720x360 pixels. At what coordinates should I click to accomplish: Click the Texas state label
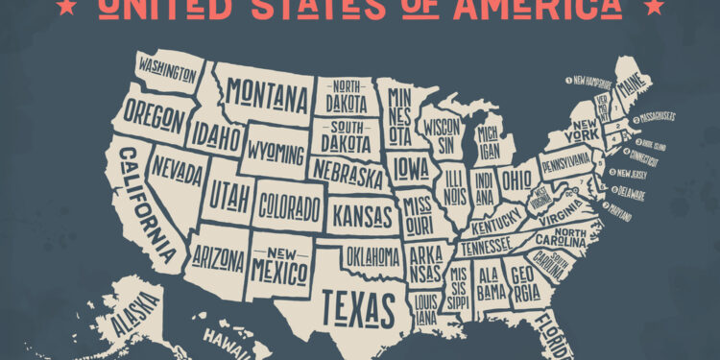click(358, 305)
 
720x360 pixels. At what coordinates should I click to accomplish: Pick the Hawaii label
click(223, 339)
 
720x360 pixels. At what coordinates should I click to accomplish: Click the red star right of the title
click(655, 8)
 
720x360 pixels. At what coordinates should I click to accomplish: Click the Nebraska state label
click(347, 176)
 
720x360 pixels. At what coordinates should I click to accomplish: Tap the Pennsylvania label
click(565, 162)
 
